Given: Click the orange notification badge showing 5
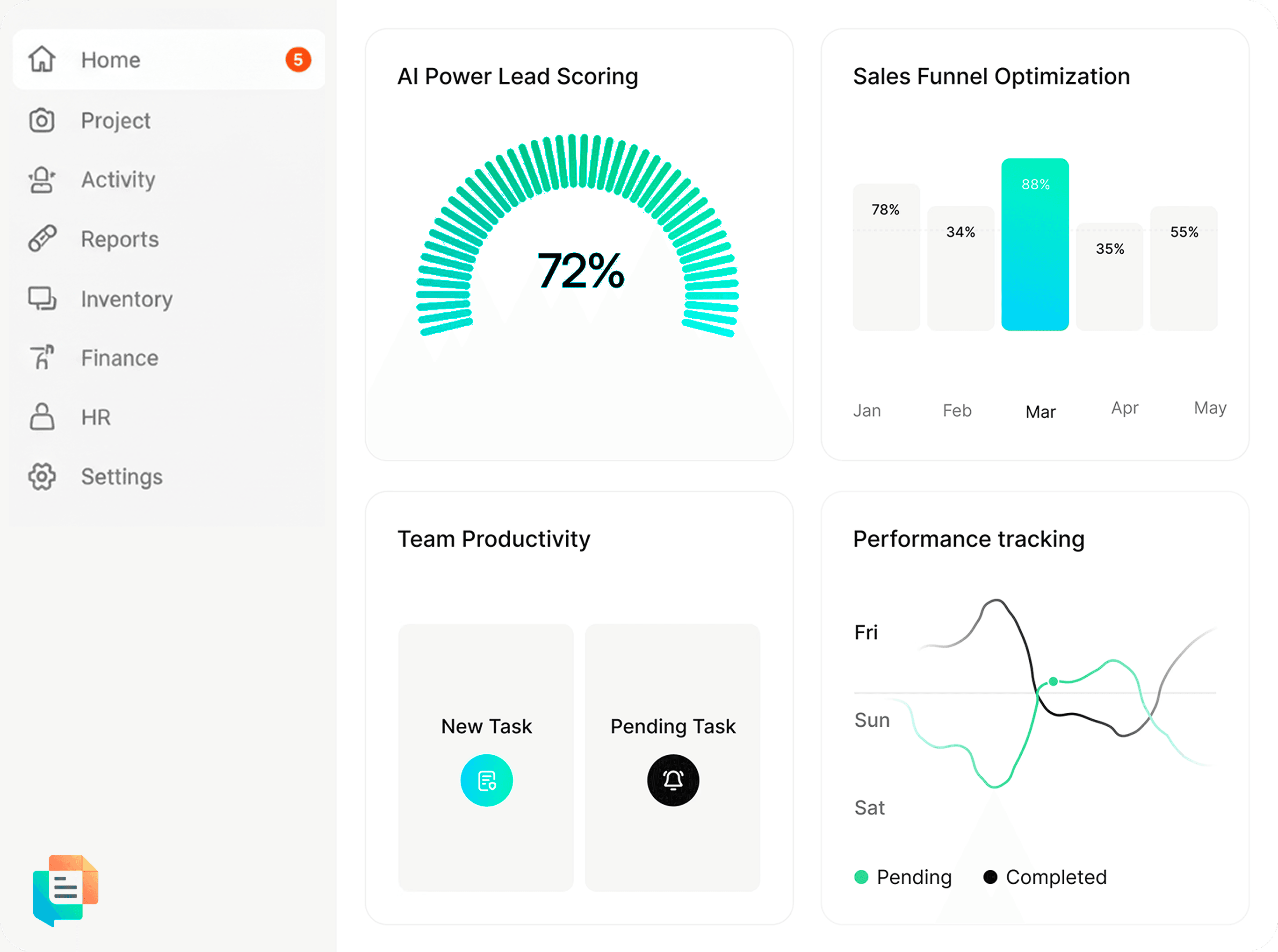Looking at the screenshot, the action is pos(298,59).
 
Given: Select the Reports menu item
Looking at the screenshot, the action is pos(119,239).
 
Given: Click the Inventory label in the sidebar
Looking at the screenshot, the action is pos(127,299).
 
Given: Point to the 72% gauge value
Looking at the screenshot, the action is pos(580,270).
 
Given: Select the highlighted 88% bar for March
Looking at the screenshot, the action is pos(1035,244).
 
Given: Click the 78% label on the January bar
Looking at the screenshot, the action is pos(885,209).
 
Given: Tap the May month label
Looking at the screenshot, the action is pos(1210,408).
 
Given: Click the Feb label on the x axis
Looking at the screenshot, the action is pos(957,410).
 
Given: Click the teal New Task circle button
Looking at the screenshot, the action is pos(486,780).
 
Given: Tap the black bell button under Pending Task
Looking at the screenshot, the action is pos(673,780).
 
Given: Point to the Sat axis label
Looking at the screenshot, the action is pos(869,808).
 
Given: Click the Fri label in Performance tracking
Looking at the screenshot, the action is pos(866,632).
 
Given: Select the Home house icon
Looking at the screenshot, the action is pos(42,59).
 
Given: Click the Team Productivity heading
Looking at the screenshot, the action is pos(494,539).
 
